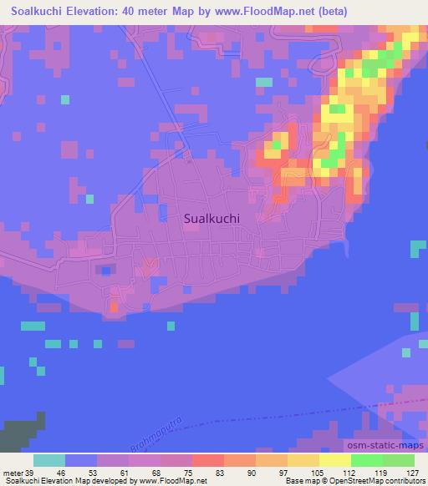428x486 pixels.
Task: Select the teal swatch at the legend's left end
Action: tap(49, 460)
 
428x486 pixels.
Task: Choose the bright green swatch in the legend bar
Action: tap(366, 460)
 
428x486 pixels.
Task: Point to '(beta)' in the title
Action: tap(327, 12)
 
